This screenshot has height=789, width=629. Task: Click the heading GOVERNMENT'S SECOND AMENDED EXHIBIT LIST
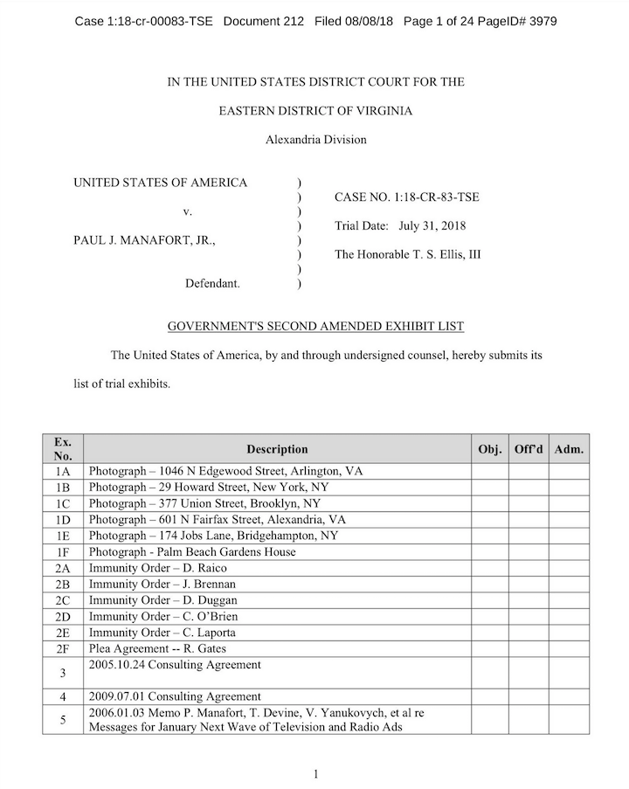315,326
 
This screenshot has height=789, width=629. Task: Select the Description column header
277,449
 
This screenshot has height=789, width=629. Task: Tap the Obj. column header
490,449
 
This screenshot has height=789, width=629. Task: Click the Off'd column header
529,449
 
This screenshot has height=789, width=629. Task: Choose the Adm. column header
569,449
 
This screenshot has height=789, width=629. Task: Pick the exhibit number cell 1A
63,471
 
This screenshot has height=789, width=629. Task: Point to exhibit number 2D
63,616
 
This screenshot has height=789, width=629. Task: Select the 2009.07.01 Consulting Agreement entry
175,696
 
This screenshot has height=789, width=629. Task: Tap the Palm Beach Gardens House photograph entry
192,551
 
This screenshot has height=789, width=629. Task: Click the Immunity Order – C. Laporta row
162,632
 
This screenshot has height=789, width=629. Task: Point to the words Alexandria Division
315,140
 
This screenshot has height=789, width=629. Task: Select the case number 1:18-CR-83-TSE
406,197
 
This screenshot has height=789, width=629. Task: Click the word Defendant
212,284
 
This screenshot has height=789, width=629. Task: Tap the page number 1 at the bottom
315,773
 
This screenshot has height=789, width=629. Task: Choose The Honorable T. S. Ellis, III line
407,255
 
